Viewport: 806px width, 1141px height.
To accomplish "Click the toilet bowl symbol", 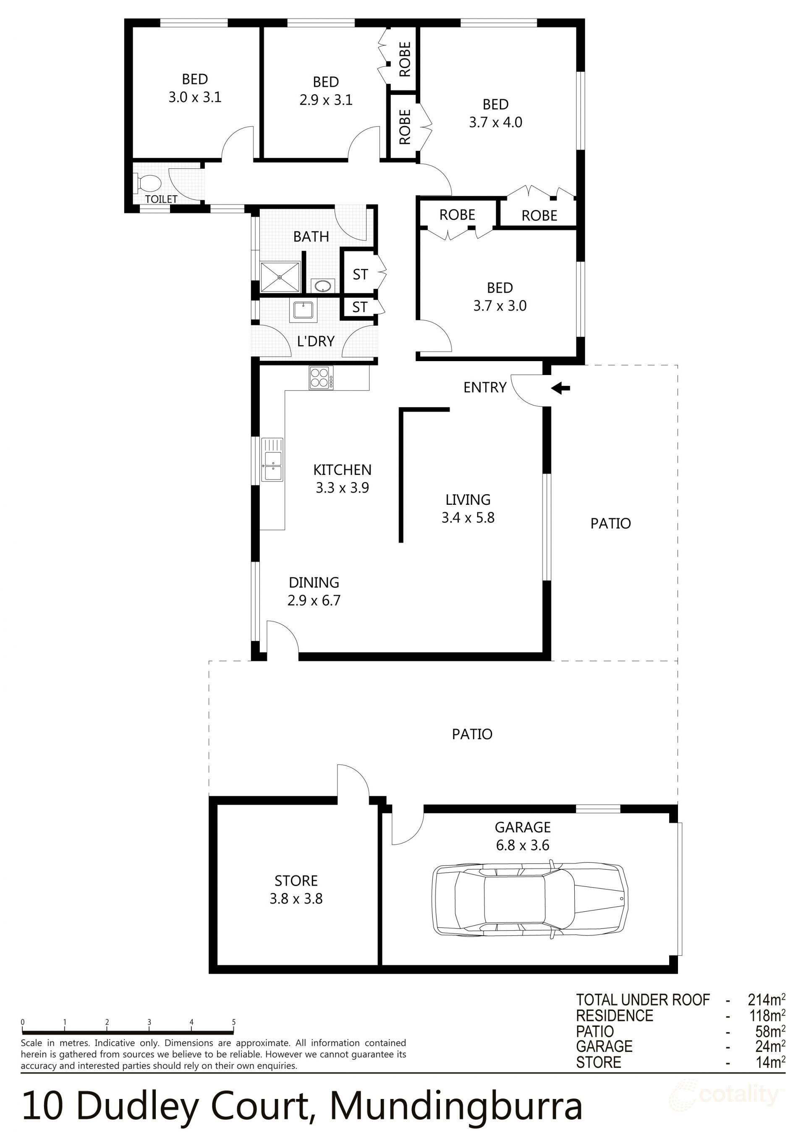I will (x=148, y=184).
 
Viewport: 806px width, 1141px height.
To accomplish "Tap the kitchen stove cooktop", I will (x=321, y=378).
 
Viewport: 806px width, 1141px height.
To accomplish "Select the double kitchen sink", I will (x=272, y=460).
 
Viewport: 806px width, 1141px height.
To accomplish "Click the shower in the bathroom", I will (x=280, y=277).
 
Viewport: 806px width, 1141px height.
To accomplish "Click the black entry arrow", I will (x=561, y=388).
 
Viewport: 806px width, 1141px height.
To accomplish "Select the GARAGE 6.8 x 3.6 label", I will (x=522, y=836).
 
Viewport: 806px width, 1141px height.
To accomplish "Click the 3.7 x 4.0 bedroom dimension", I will (x=495, y=122).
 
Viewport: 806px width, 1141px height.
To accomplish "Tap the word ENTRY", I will (x=485, y=387).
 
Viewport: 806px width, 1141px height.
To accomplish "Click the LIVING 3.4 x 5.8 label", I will (x=468, y=509).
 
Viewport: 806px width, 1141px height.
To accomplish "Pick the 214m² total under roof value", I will (x=766, y=999).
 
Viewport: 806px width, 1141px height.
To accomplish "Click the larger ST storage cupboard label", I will (x=360, y=274).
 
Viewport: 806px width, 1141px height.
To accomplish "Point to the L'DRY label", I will (x=316, y=341).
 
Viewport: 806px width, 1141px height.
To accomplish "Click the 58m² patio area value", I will (x=770, y=1031).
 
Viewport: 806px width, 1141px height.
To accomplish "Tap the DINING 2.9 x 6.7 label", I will (x=314, y=591).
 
